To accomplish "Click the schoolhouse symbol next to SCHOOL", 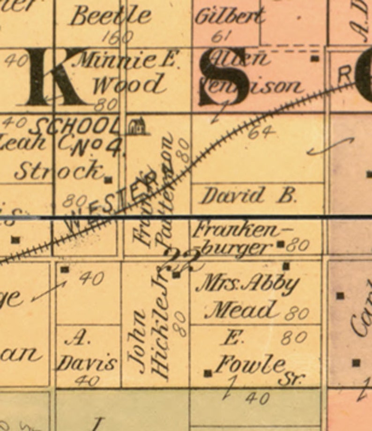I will tap(136, 125).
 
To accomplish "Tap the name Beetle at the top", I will tap(111, 16).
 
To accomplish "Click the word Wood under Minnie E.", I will tap(128, 85).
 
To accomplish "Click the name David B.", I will tap(248, 195).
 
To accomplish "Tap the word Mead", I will tap(241, 310).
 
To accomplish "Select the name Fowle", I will tap(251, 364).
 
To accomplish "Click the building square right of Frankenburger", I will tap(281, 244).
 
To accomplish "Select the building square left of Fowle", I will tap(208, 373).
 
